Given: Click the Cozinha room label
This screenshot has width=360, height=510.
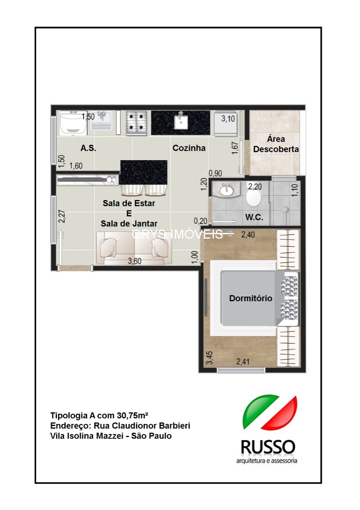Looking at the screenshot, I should pos(189,148).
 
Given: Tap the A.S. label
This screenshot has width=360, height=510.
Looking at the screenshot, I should pos(88,148).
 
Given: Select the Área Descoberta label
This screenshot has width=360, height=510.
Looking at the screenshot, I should pos(276,144).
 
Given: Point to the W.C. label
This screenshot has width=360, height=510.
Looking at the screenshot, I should pos(254,218).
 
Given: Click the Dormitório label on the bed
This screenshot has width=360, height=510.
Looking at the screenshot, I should pos(250,298).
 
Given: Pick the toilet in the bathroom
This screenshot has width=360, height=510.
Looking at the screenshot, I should pos(254,197).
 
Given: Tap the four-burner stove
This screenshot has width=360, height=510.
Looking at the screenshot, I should pos(137,122).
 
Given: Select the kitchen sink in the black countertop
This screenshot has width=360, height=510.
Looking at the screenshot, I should pos(181,120).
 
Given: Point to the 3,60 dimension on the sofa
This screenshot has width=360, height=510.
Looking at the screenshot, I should pos(135,261).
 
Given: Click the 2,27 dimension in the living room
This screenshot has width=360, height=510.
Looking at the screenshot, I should pos(62,216).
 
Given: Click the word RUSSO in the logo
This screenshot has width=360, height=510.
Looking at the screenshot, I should pos(268,447).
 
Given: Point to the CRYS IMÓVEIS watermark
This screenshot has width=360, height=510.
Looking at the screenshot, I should pos(177,234).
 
